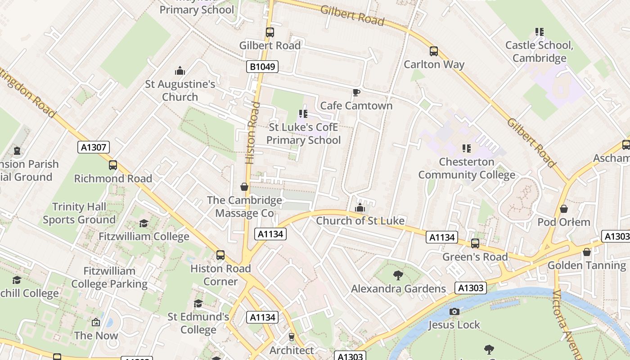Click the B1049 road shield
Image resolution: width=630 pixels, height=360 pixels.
pos(262,67)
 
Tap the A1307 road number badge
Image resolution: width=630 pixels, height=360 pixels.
pos(93,147)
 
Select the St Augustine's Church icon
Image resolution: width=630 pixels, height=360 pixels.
pos(180,71)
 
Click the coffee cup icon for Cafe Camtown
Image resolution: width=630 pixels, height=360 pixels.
pos(356,93)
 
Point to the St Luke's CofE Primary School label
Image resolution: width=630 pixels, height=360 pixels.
pos(303,134)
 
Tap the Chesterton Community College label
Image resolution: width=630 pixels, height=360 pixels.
pos(467,168)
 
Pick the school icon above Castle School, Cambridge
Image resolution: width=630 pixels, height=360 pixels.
pos(539,32)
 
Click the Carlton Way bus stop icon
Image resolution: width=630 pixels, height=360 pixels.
pos(434,51)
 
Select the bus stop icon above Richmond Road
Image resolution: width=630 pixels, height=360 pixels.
pos(113,165)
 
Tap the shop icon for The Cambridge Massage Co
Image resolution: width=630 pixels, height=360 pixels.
pos(244,187)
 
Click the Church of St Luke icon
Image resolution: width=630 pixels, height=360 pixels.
pos(360,207)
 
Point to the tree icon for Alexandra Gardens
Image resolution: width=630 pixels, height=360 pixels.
pos(398,275)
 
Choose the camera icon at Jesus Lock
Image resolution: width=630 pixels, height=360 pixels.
pos(454,311)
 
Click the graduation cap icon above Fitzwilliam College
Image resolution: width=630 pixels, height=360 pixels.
pos(144,223)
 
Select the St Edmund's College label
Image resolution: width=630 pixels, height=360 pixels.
pos(198,323)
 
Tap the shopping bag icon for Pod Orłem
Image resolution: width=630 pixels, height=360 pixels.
pos(564,209)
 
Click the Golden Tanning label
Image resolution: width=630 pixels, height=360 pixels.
pos(586,265)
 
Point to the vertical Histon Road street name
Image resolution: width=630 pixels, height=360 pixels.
pos(252,133)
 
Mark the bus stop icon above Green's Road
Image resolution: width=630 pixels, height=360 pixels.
pos(475,243)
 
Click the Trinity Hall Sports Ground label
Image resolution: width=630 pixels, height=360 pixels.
pos(79,213)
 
